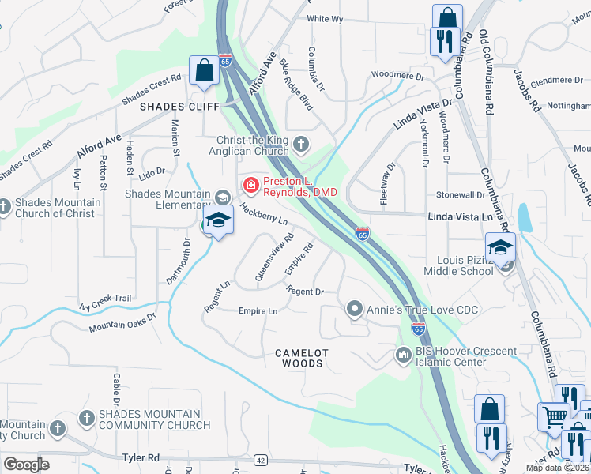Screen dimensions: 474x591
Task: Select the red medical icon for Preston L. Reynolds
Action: click(250, 186)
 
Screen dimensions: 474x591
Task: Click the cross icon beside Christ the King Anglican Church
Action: click(300, 144)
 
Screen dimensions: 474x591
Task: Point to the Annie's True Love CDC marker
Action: click(355, 308)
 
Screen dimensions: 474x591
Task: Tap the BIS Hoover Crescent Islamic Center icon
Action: click(403, 356)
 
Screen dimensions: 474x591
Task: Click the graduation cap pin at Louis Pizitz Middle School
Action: click(500, 248)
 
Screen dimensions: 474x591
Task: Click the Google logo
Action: click(26, 464)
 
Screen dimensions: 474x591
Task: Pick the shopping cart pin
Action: click(552, 416)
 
